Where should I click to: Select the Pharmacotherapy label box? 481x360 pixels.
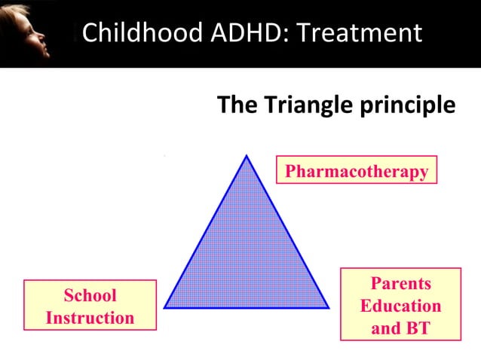tap(357, 170)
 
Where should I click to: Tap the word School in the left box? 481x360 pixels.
tap(90, 295)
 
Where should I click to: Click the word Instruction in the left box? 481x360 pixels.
tap(90, 317)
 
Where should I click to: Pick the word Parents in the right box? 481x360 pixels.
tap(400, 283)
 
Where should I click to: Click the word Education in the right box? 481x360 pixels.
tap(400, 306)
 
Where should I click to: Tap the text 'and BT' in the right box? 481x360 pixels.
tap(400, 328)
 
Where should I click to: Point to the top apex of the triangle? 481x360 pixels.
tap(247, 156)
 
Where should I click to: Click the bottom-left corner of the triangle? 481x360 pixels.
tap(164, 307)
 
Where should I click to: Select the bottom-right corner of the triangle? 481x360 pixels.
tap(329, 307)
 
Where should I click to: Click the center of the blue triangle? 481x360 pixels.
tap(247, 256)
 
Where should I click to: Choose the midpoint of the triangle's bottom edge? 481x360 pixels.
tap(247, 307)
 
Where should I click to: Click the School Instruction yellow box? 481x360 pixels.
tap(90, 305)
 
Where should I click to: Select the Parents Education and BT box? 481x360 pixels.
tap(400, 304)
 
